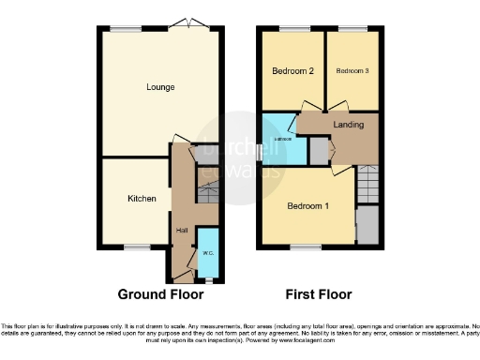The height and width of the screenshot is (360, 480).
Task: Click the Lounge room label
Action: tap(160, 87)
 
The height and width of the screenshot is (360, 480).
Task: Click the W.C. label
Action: tap(207, 253)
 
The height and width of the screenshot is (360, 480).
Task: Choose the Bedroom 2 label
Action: tap(292, 71)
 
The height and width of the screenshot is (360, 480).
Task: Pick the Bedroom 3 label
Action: tap(352, 71)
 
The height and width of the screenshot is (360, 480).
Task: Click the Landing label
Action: tap(348, 123)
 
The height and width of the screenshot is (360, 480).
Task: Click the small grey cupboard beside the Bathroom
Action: tap(319, 151)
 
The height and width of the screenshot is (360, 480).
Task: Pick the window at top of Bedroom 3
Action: tap(352, 30)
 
